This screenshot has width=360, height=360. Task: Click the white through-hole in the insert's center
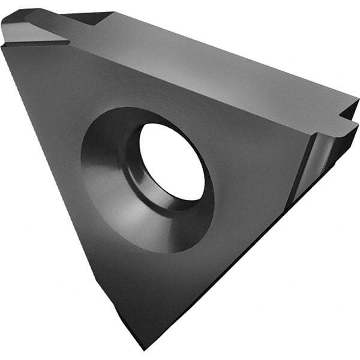point(172,161)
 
